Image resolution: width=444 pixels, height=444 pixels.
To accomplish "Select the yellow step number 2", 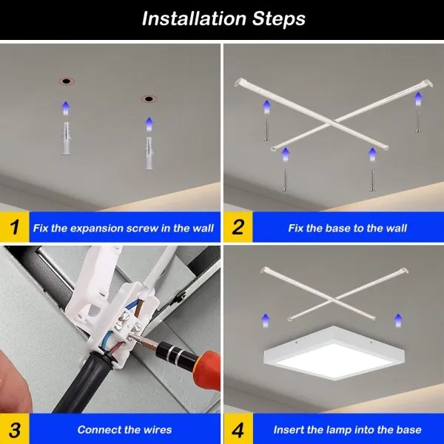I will [238, 227].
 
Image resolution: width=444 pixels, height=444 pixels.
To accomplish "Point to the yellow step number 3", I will [14, 429].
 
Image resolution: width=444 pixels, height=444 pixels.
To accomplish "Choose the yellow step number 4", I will [238, 429].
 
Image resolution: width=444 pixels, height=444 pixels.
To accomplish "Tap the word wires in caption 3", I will [155, 429].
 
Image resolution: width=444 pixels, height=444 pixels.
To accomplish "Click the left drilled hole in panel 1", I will [65, 80].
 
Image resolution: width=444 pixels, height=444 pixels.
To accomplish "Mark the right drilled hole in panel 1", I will [149, 98].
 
